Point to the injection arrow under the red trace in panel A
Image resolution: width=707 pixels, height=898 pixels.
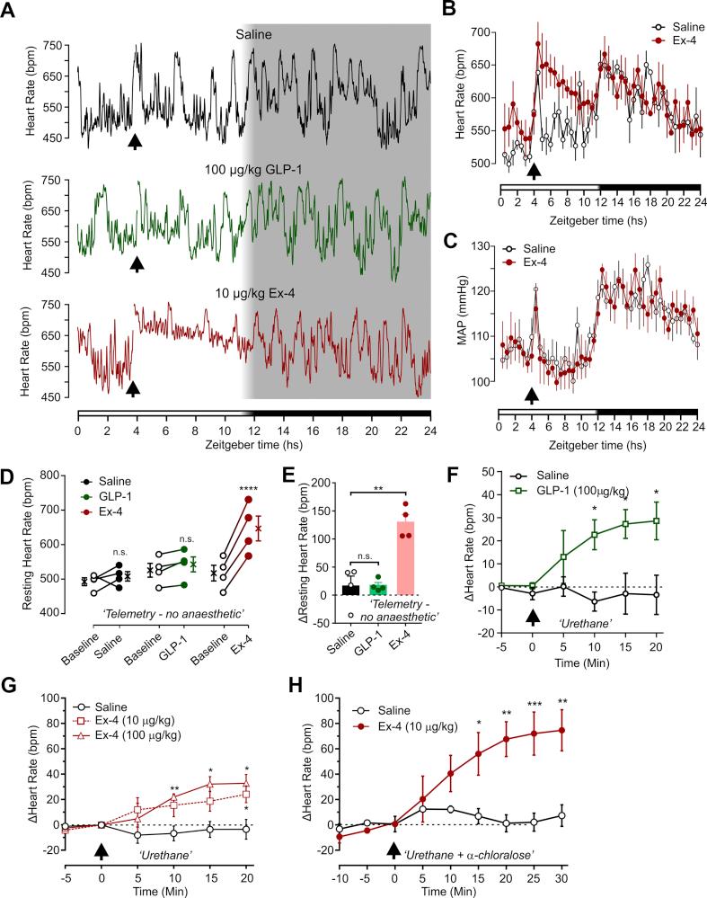tap(134, 388)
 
